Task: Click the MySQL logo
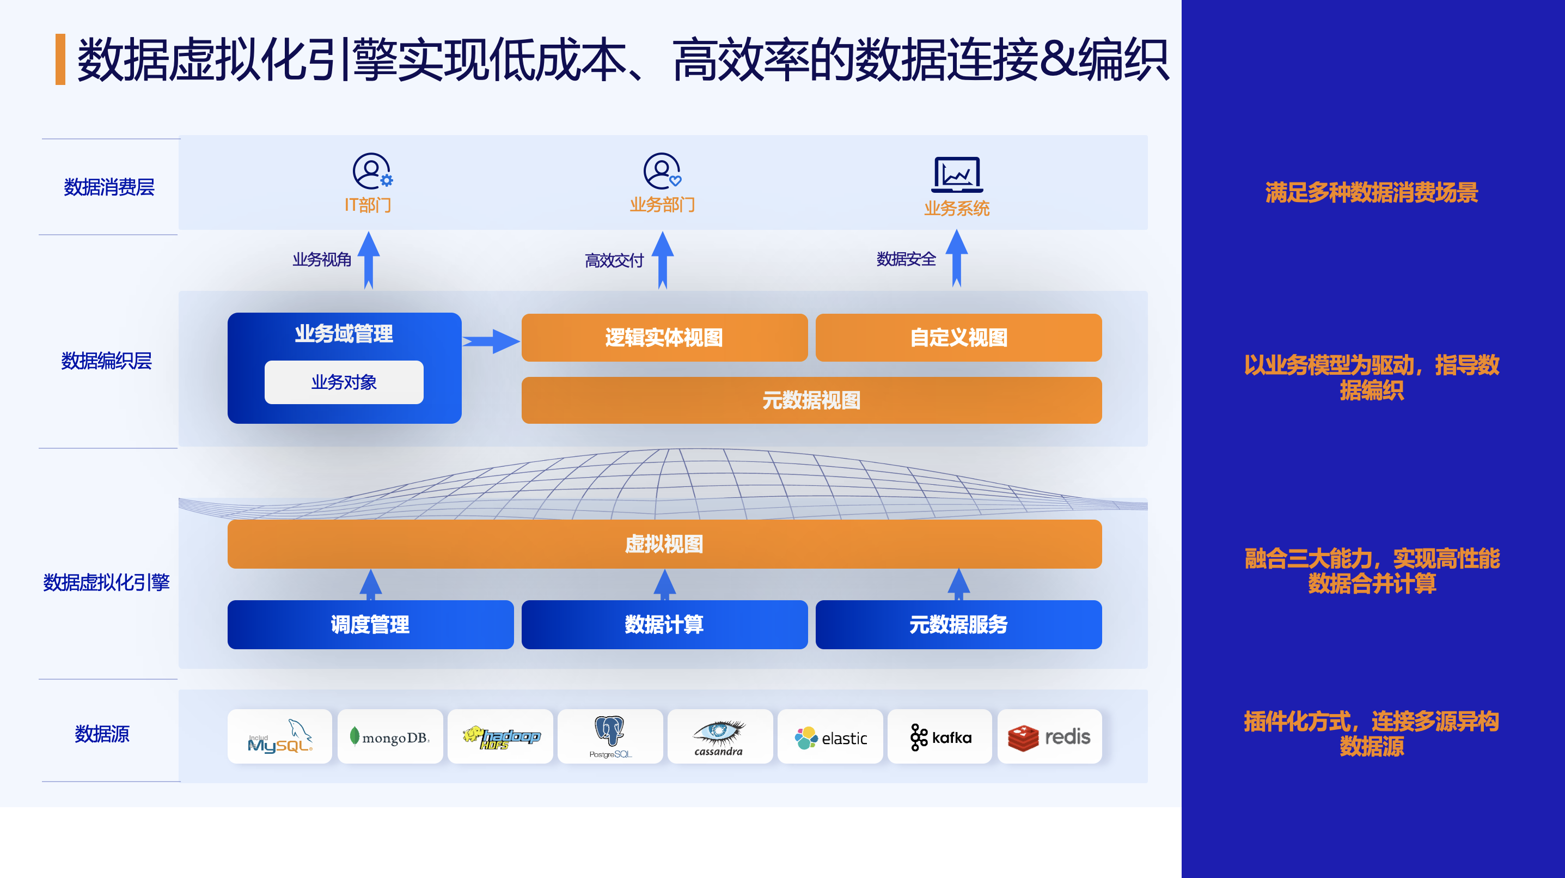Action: (x=280, y=736)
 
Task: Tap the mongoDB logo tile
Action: (x=390, y=736)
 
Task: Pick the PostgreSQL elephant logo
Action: (x=610, y=736)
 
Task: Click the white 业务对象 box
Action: (x=344, y=382)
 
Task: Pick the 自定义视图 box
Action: (x=959, y=337)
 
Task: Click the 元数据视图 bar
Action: (x=812, y=400)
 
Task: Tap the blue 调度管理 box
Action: (x=371, y=625)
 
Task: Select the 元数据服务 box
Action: (x=959, y=625)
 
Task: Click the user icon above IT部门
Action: (x=372, y=172)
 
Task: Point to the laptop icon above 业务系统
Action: (x=957, y=174)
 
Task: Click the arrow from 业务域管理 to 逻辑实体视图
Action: (x=491, y=342)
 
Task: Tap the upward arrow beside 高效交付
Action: (x=663, y=260)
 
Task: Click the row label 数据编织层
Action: (x=106, y=361)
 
